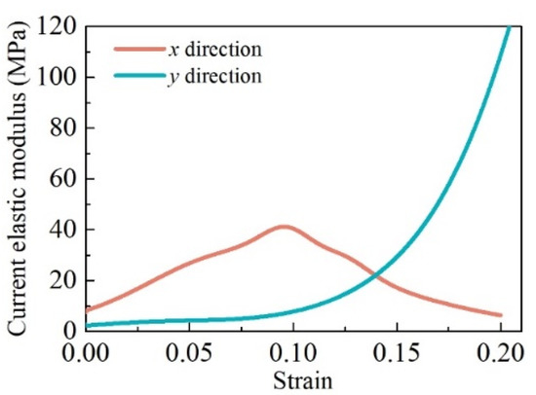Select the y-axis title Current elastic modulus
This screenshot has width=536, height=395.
(x=19, y=180)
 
